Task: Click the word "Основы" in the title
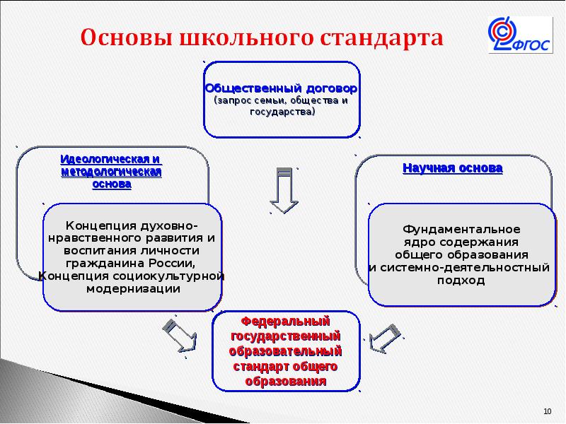click(x=123, y=37)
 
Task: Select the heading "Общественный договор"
click(x=281, y=90)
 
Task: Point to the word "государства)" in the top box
click(x=282, y=112)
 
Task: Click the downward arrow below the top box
click(x=285, y=191)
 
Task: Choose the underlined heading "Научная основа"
click(x=453, y=168)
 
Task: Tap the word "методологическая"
click(x=112, y=172)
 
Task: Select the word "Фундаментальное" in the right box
click(x=461, y=230)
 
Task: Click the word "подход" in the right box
click(x=461, y=280)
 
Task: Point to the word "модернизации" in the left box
click(x=132, y=288)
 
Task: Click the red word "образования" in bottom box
click(x=285, y=382)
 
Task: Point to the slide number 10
click(x=547, y=411)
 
